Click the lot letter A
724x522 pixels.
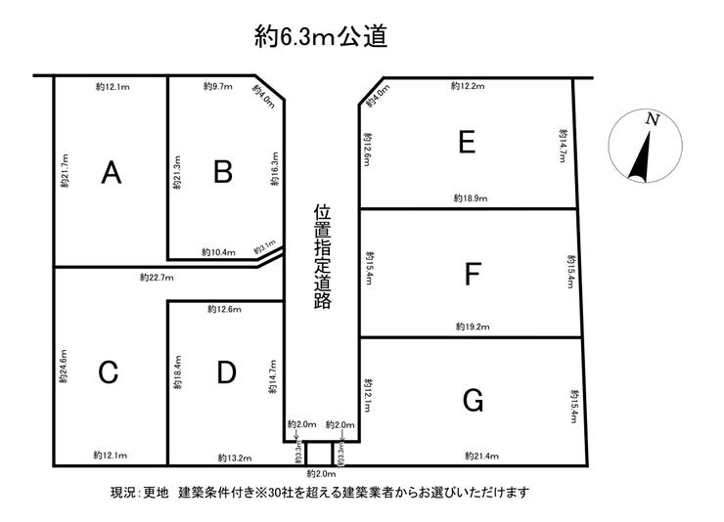click(112, 173)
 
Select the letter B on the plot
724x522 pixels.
click(223, 172)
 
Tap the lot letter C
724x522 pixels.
click(109, 372)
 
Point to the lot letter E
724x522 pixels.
click(467, 143)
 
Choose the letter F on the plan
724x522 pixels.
click(472, 276)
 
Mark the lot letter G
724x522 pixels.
click(473, 400)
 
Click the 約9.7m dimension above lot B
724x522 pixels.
click(217, 87)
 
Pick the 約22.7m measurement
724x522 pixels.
click(157, 278)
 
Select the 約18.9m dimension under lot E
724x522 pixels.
click(471, 197)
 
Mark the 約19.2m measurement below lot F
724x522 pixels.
click(472, 326)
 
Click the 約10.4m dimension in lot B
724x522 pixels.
click(217, 252)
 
